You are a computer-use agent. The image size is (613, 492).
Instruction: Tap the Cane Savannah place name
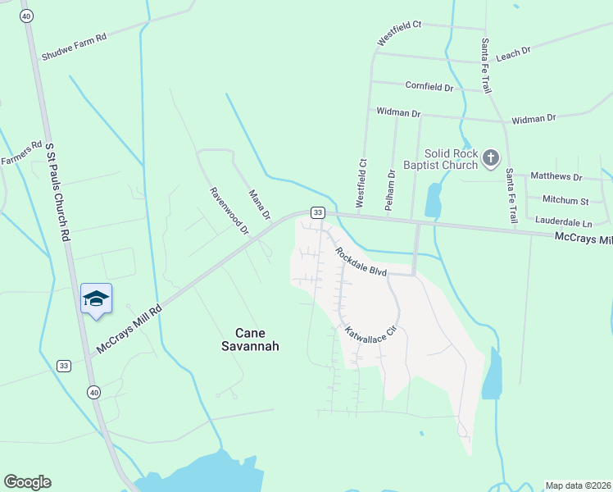pyautogui.click(x=257, y=339)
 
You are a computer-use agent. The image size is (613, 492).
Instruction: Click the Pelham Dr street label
pyautogui.click(x=390, y=190)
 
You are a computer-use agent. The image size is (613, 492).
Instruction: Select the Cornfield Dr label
pyautogui.click(x=429, y=86)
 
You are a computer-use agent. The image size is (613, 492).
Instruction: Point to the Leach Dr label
pyautogui.click(x=514, y=52)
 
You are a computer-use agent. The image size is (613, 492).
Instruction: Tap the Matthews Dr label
pyautogui.click(x=556, y=176)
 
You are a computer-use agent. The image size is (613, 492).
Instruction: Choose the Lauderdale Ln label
pyautogui.click(x=563, y=221)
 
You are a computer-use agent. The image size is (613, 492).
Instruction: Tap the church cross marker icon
pyautogui.click(x=490, y=157)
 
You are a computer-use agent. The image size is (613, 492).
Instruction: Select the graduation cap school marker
pyautogui.click(x=96, y=298)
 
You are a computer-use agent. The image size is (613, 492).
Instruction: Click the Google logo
pyautogui.click(x=27, y=482)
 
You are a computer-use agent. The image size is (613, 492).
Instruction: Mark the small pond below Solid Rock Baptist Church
pyautogui.click(x=433, y=199)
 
